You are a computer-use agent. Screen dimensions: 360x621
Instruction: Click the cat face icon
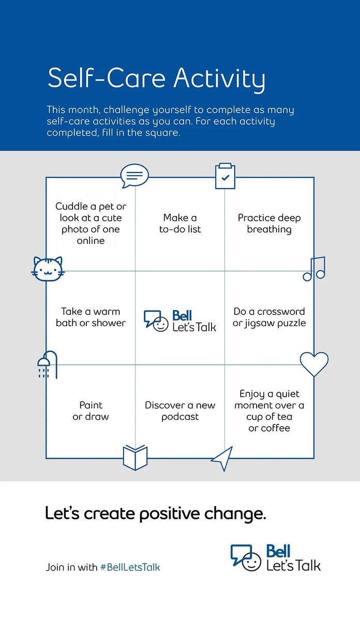point(48,269)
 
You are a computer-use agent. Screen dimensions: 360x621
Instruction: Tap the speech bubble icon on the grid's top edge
point(134,176)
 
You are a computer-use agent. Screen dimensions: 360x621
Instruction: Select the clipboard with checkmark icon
point(226,176)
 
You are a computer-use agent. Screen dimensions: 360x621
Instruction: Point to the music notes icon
point(314,269)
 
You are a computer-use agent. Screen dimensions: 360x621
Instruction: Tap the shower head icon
point(48,365)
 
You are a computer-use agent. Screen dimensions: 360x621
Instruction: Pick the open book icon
point(135,457)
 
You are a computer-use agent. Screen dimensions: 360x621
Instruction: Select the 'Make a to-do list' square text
point(180,224)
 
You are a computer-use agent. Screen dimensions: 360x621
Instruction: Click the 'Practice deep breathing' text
point(269,224)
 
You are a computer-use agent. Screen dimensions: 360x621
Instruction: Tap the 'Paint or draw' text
point(91,411)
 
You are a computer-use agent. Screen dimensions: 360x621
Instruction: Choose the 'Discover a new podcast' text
point(180,411)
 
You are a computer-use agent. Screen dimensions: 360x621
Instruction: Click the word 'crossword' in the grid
point(281,312)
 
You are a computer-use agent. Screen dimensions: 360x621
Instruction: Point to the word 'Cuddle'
point(72,206)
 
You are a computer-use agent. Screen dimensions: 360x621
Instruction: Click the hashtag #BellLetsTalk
point(130,567)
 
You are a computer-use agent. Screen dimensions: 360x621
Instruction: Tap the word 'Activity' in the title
point(219,79)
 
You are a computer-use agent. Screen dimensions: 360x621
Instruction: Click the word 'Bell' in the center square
point(182,316)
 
